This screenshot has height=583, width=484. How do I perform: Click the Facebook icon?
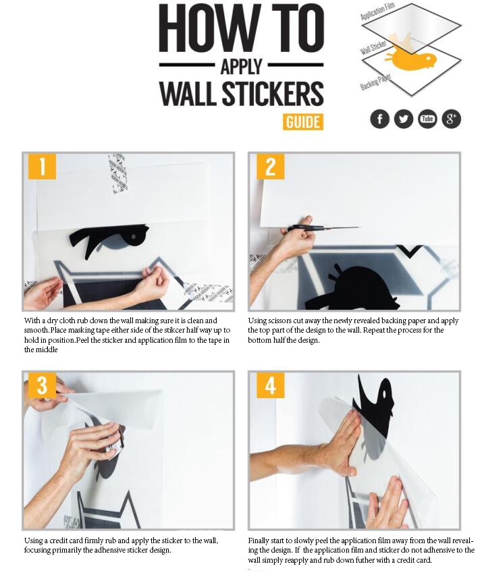click(x=380, y=119)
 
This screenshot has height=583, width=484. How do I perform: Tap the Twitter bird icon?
click(x=404, y=119)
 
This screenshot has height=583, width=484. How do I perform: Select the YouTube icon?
click(x=427, y=119)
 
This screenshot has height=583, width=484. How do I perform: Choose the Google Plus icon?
click(x=451, y=119)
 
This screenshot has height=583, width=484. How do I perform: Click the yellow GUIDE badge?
click(x=303, y=121)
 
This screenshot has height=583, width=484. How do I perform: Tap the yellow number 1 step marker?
click(x=42, y=166)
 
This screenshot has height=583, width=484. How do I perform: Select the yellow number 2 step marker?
click(x=270, y=166)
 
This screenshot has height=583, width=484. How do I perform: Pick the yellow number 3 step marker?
click(x=42, y=385)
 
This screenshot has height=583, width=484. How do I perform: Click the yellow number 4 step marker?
click(x=270, y=385)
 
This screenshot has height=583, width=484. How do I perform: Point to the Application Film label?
click(x=377, y=11)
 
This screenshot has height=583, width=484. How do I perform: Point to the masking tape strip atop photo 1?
click(x=118, y=173)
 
